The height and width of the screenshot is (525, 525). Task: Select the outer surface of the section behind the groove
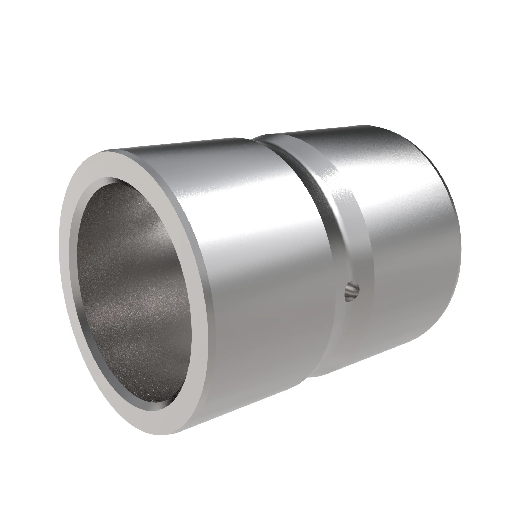[408, 245]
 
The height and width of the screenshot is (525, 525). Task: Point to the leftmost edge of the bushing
[60, 245]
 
